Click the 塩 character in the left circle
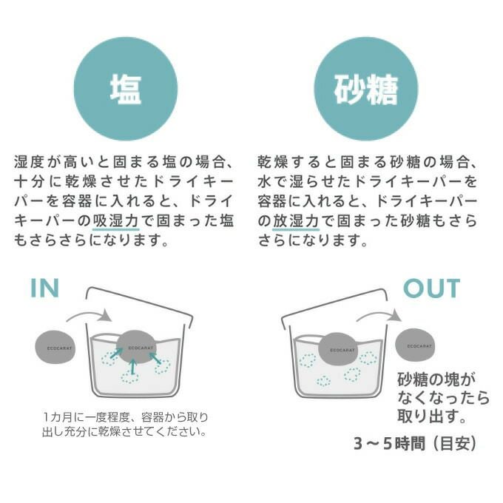[x=126, y=90]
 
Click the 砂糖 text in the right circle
[x=365, y=90]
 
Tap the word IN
[x=45, y=288]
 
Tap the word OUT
[x=432, y=288]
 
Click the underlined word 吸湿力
[x=116, y=221]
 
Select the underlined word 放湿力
[x=296, y=221]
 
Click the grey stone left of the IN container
[x=55, y=348]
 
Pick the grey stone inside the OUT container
[x=340, y=349]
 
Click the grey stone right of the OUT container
[x=416, y=344]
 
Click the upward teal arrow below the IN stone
[x=134, y=367]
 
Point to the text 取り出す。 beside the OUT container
[x=431, y=416]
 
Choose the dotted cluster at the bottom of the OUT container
[x=323, y=381]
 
